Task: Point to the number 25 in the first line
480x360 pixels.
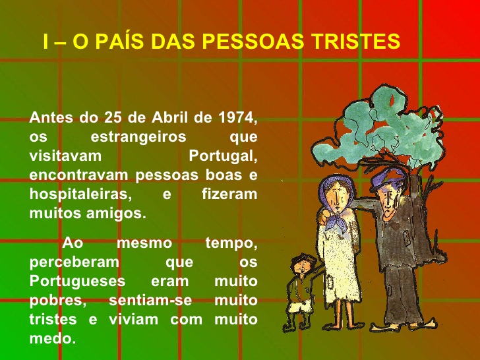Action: pos(113,117)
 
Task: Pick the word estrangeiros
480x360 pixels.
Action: pos(138,137)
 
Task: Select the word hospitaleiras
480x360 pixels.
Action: pos(81,195)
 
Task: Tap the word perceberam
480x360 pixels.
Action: pos(75,262)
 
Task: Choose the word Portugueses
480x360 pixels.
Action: pos(77,282)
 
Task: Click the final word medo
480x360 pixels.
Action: pos(53,339)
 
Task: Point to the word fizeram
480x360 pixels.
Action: pos(229,194)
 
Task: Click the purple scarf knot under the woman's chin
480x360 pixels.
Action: pos(337,222)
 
